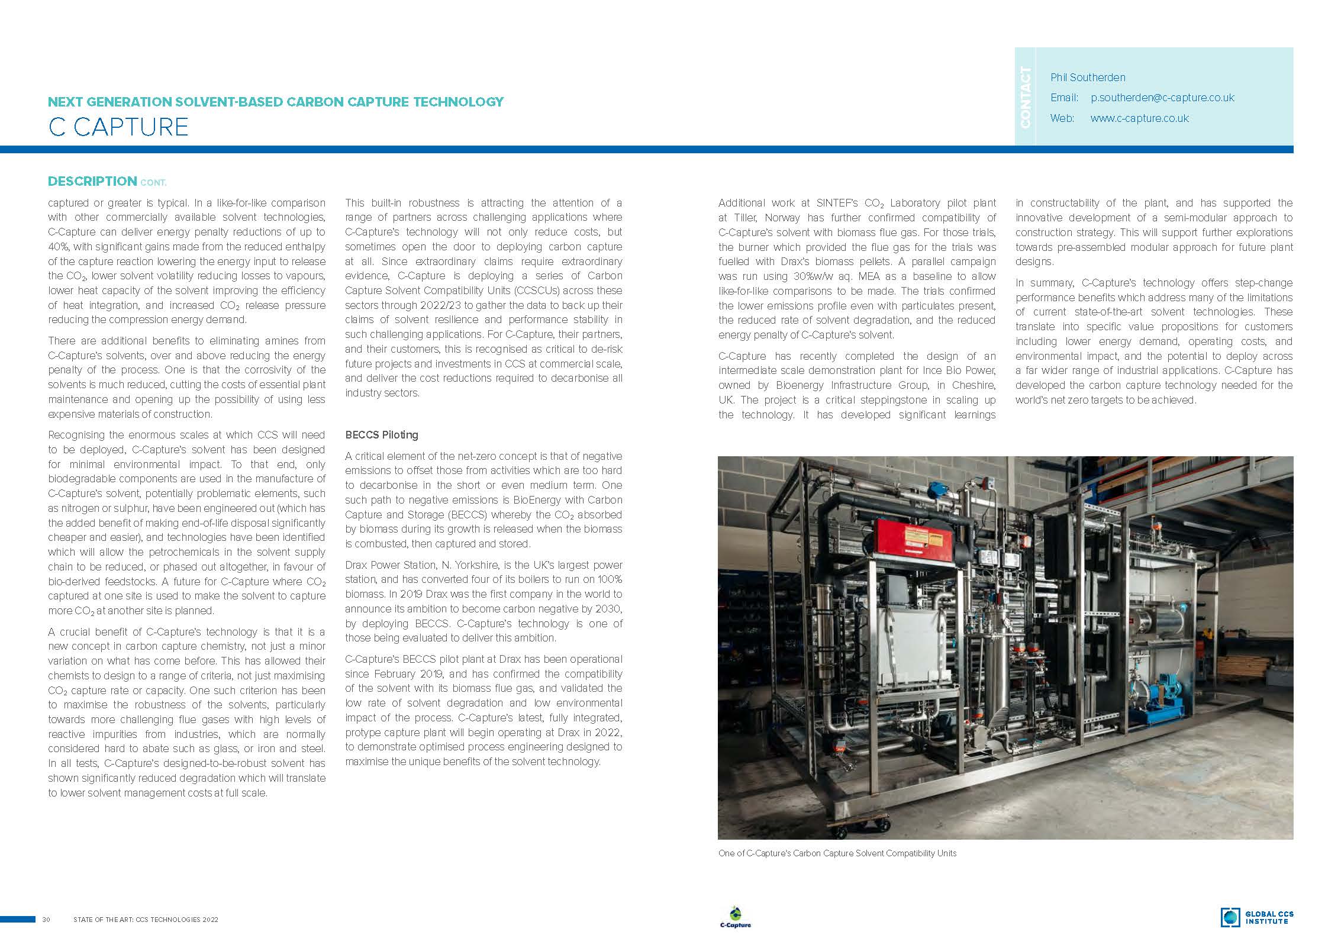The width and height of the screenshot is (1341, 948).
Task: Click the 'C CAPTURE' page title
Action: pyautogui.click(x=118, y=127)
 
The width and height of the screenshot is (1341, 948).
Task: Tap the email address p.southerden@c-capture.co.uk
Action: pyautogui.click(x=1162, y=98)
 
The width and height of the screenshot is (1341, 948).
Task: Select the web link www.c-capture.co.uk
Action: pyautogui.click(x=1139, y=118)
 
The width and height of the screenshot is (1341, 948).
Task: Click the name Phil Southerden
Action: pyautogui.click(x=1088, y=78)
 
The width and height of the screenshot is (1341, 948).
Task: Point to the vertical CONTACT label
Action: pyautogui.click(x=1026, y=97)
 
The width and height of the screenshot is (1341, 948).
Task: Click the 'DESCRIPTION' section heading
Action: pyautogui.click(x=92, y=181)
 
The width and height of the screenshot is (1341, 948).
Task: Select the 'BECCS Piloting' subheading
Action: pyautogui.click(x=382, y=435)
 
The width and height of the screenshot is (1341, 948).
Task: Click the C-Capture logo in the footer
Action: pyautogui.click(x=735, y=917)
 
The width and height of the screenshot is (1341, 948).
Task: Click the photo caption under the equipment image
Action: pyautogui.click(x=837, y=853)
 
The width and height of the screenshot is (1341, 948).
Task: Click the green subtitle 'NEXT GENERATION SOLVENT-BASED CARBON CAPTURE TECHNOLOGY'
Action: pyautogui.click(x=276, y=102)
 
